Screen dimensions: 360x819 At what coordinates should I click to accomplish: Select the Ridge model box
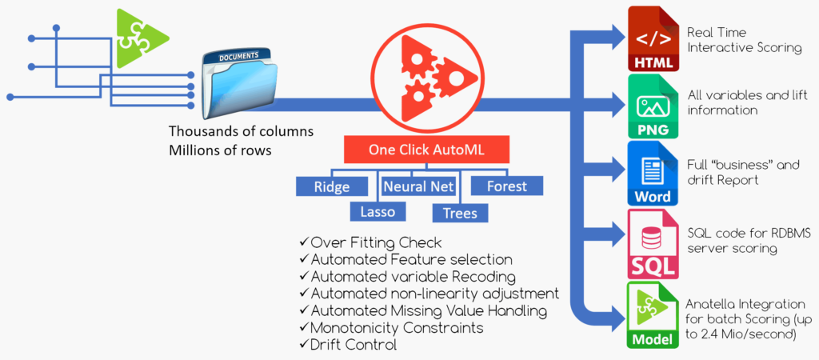[334, 186]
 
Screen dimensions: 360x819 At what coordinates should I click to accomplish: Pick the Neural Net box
[418, 186]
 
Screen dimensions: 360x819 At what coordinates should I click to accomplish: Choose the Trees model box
[460, 212]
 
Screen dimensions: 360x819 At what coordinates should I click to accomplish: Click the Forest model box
[506, 186]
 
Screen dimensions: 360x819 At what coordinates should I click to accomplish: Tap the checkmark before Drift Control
[303, 345]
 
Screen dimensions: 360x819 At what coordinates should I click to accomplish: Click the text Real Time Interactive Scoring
[744, 40]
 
